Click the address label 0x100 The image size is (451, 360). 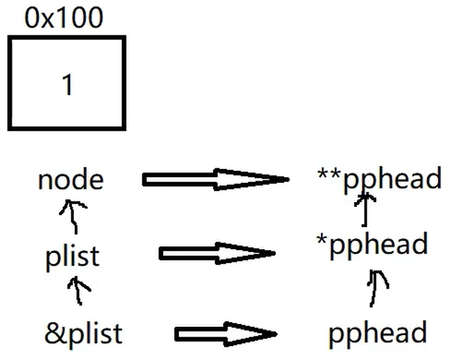point(64,17)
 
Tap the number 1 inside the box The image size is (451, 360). point(67,85)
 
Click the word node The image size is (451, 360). point(71,180)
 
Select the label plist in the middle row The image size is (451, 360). point(72,256)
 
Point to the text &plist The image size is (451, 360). point(83,334)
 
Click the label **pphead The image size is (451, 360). point(379,179)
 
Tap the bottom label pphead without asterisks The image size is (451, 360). point(378,334)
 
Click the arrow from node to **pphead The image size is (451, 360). point(214,180)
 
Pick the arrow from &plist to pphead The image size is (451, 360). point(225,334)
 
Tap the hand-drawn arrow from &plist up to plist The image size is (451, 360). point(79,291)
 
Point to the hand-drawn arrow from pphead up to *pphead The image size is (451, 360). point(376,287)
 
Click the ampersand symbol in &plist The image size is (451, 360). point(53,334)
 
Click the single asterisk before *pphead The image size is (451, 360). point(322,240)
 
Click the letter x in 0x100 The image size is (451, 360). point(48,19)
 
